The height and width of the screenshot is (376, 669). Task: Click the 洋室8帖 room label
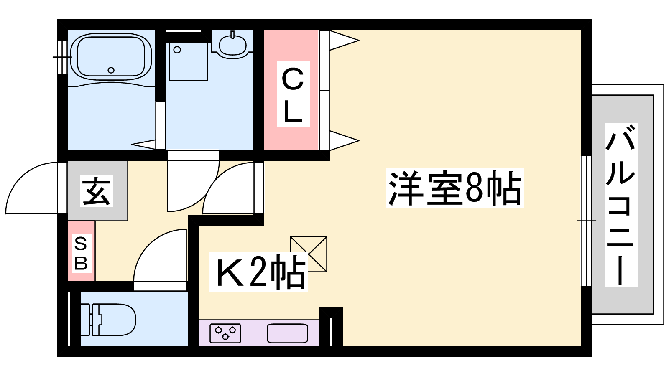[x=455, y=188]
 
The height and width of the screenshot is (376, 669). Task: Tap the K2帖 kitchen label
[x=258, y=272]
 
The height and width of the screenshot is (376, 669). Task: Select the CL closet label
[x=293, y=94]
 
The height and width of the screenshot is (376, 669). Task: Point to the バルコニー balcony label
[x=621, y=205]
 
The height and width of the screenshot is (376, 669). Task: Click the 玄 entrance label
[x=97, y=191]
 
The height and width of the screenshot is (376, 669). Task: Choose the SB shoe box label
[x=81, y=253]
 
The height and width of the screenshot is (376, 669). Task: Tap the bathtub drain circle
[x=111, y=70]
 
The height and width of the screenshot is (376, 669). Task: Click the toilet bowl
[x=113, y=320]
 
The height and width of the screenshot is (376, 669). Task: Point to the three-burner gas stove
[x=225, y=333]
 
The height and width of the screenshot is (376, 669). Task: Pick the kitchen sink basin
[x=288, y=333]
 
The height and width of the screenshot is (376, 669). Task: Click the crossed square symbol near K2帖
[x=309, y=254]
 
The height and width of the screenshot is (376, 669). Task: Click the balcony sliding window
[x=587, y=221]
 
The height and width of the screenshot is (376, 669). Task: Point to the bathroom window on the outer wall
[x=62, y=57]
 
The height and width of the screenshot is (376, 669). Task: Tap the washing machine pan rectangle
[x=189, y=61]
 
